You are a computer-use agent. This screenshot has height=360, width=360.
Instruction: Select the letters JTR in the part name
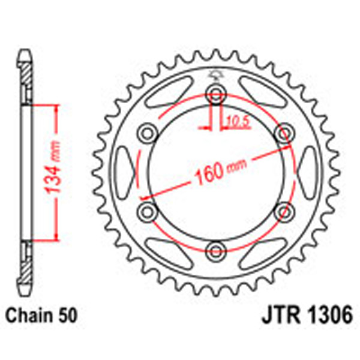tap(280, 314)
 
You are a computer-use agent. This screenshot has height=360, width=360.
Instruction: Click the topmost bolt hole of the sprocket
tap(215, 92)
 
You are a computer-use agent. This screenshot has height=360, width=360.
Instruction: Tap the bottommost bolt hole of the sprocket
tap(215, 249)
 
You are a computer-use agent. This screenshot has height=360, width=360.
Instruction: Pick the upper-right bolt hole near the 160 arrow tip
tap(283, 132)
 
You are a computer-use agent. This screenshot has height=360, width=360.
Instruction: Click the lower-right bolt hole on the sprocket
tap(283, 210)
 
